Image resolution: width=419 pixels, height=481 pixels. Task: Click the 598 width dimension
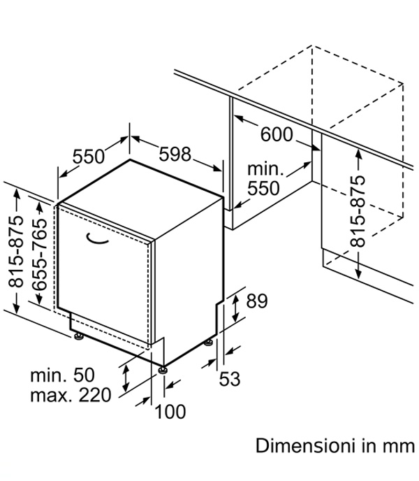pyautogui.click(x=175, y=154)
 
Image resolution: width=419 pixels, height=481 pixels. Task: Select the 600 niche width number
pyautogui.click(x=277, y=134)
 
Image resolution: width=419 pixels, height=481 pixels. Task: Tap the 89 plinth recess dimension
pyautogui.click(x=257, y=301)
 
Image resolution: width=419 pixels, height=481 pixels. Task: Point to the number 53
pyautogui.click(x=230, y=379)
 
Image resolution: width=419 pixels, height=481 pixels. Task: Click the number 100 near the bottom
pyautogui.click(x=170, y=412)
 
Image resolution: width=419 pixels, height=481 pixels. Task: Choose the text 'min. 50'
pyautogui.click(x=63, y=375)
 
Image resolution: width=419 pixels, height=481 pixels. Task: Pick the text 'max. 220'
pyautogui.click(x=71, y=395)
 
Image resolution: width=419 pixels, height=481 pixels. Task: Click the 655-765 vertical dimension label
pyautogui.click(x=40, y=254)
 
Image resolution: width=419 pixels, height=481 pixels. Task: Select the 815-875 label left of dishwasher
pyautogui.click(x=16, y=252)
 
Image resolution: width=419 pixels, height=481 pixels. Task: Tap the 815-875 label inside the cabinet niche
pyautogui.click(x=358, y=211)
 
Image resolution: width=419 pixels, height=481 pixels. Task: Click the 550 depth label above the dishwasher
pyautogui.click(x=89, y=156)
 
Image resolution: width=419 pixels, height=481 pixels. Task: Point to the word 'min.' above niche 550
pyautogui.click(x=265, y=169)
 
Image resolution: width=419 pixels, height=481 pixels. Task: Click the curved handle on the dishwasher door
pyautogui.click(x=97, y=239)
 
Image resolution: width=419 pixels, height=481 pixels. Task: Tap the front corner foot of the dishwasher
pyautogui.click(x=163, y=370)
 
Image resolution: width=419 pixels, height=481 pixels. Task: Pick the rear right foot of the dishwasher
pyautogui.click(x=209, y=342)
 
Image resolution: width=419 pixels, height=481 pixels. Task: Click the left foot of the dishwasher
pyautogui.click(x=78, y=336)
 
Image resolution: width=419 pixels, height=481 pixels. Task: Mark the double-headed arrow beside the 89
pyautogui.click(x=235, y=308)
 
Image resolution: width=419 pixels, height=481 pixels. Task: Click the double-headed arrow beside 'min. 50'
pyautogui.click(x=126, y=378)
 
